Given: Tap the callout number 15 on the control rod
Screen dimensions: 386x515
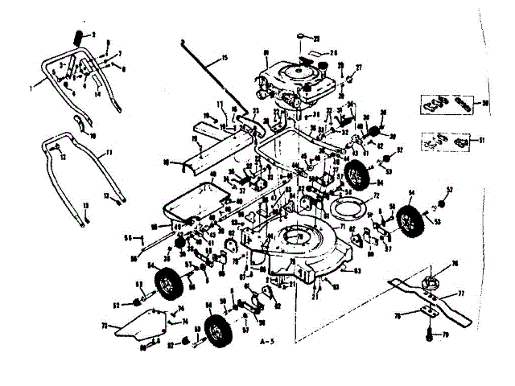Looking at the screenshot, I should (225, 57).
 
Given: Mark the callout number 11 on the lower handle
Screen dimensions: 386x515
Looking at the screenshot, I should (109, 152).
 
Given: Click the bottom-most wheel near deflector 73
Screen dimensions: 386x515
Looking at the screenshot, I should (215, 330).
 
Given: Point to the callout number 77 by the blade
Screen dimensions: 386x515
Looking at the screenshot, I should (463, 295).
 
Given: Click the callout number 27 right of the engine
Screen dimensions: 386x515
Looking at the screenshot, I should (359, 67).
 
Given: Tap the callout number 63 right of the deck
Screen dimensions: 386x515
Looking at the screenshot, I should (357, 273).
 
